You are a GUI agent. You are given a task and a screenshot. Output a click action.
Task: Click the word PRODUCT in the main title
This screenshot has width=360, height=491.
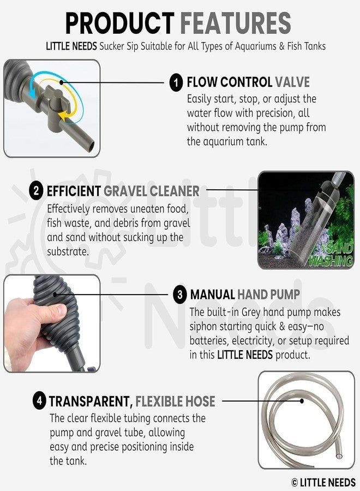coord(119,23)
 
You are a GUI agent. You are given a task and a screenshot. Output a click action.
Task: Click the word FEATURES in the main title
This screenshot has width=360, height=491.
coord(236,23)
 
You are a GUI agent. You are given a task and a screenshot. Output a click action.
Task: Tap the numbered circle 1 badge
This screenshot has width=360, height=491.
coord(176,83)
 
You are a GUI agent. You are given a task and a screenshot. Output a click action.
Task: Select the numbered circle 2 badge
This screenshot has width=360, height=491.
coord(36,191)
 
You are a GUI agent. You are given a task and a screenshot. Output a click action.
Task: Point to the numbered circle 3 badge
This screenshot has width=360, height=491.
coord(179,295)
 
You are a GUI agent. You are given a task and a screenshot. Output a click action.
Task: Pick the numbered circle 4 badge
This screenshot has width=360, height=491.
coord(39,401)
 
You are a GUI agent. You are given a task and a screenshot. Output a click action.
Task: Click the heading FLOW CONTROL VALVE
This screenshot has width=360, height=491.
coord(248,82)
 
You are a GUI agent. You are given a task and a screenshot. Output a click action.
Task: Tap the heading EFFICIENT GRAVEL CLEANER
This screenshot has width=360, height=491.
coord(123,191)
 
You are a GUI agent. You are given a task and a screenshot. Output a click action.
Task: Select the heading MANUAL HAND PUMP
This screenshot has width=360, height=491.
coord(245,295)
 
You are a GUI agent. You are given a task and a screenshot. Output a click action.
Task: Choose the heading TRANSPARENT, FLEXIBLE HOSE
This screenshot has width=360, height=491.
coord(132,402)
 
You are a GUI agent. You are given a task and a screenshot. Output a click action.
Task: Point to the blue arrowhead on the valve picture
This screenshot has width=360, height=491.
coord(31,93)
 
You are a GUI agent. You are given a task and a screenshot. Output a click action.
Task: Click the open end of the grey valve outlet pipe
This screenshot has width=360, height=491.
coord(91,146)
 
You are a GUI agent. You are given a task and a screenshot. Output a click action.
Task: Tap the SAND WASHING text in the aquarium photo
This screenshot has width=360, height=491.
coord(331,254)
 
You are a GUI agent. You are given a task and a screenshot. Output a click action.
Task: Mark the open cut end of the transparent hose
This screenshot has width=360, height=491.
coord(338,455)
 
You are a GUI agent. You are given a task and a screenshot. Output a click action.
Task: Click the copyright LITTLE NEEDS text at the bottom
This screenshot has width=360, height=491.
coord(323,482)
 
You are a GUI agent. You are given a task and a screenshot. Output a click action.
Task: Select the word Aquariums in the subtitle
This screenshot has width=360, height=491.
coord(256,46)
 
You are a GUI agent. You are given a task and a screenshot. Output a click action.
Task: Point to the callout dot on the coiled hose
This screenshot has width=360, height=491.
coord(302,401)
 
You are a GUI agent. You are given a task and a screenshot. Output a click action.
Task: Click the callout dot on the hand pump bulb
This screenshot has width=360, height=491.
coord(55,295)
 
